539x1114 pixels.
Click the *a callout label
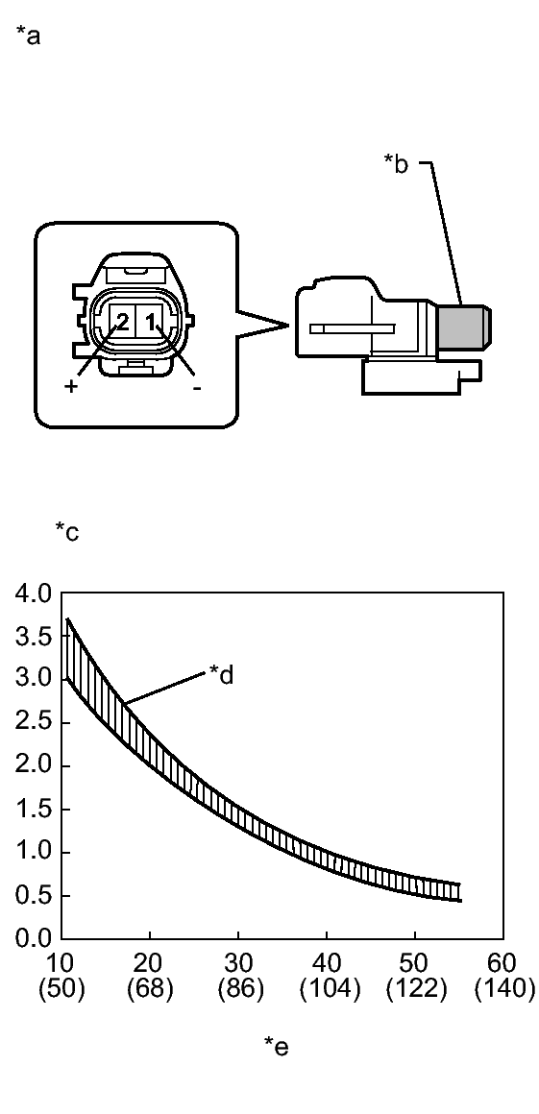[29, 36]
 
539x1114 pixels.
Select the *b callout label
[397, 163]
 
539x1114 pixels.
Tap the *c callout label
[67, 531]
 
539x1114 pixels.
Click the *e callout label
[277, 1045]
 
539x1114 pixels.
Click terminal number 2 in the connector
[122, 324]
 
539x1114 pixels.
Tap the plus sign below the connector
[71, 387]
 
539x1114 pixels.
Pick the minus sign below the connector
[197, 388]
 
